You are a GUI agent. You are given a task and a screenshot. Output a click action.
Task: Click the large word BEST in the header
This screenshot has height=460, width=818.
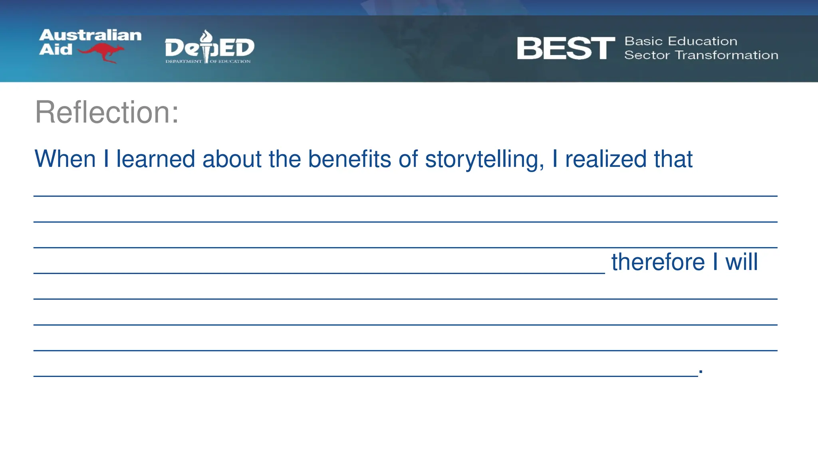[x=566, y=48]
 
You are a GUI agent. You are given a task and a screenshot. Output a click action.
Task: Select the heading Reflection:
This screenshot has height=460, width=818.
[x=107, y=113]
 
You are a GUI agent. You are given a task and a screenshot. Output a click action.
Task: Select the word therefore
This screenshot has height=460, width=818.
[x=658, y=262]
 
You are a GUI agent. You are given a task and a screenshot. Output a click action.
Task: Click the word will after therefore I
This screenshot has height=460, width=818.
[x=741, y=262]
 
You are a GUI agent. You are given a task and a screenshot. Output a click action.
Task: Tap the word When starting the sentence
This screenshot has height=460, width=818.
[x=65, y=159]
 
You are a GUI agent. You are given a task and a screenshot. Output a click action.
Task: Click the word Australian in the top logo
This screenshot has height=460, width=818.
[x=90, y=35]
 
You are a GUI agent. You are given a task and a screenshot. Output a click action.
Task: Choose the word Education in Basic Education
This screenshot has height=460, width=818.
[x=703, y=41]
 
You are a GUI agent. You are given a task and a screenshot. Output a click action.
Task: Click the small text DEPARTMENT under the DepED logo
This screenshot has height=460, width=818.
[x=184, y=61]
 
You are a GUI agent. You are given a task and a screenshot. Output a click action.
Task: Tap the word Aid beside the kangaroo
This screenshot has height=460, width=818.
[x=56, y=50]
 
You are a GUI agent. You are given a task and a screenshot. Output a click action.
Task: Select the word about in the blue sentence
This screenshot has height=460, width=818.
[x=232, y=159]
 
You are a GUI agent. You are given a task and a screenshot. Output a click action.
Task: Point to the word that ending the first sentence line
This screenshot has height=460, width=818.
[x=673, y=159]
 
